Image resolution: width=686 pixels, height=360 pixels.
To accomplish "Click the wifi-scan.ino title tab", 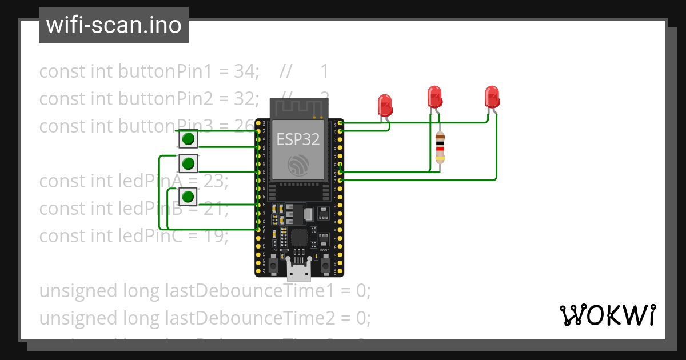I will pyautogui.click(x=113, y=25).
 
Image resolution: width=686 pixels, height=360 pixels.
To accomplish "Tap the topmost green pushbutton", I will pyautogui.click(x=188, y=139).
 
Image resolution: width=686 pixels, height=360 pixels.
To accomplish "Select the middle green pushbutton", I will pyautogui.click(x=188, y=164).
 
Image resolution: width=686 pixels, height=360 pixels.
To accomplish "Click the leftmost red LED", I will pyautogui.click(x=385, y=105).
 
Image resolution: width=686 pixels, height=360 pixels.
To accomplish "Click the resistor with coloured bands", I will pyautogui.click(x=440, y=147).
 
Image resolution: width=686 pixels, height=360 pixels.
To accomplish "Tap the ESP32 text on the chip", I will pyautogui.click(x=297, y=139).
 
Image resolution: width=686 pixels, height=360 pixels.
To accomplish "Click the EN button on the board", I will pyautogui.click(x=274, y=266).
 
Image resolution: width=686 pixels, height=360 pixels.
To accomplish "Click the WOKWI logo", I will pyautogui.click(x=607, y=315).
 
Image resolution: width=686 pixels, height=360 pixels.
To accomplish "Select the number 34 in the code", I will pyautogui.click(x=246, y=71).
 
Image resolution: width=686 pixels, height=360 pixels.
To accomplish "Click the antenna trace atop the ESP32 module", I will pyautogui.click(x=298, y=107).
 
